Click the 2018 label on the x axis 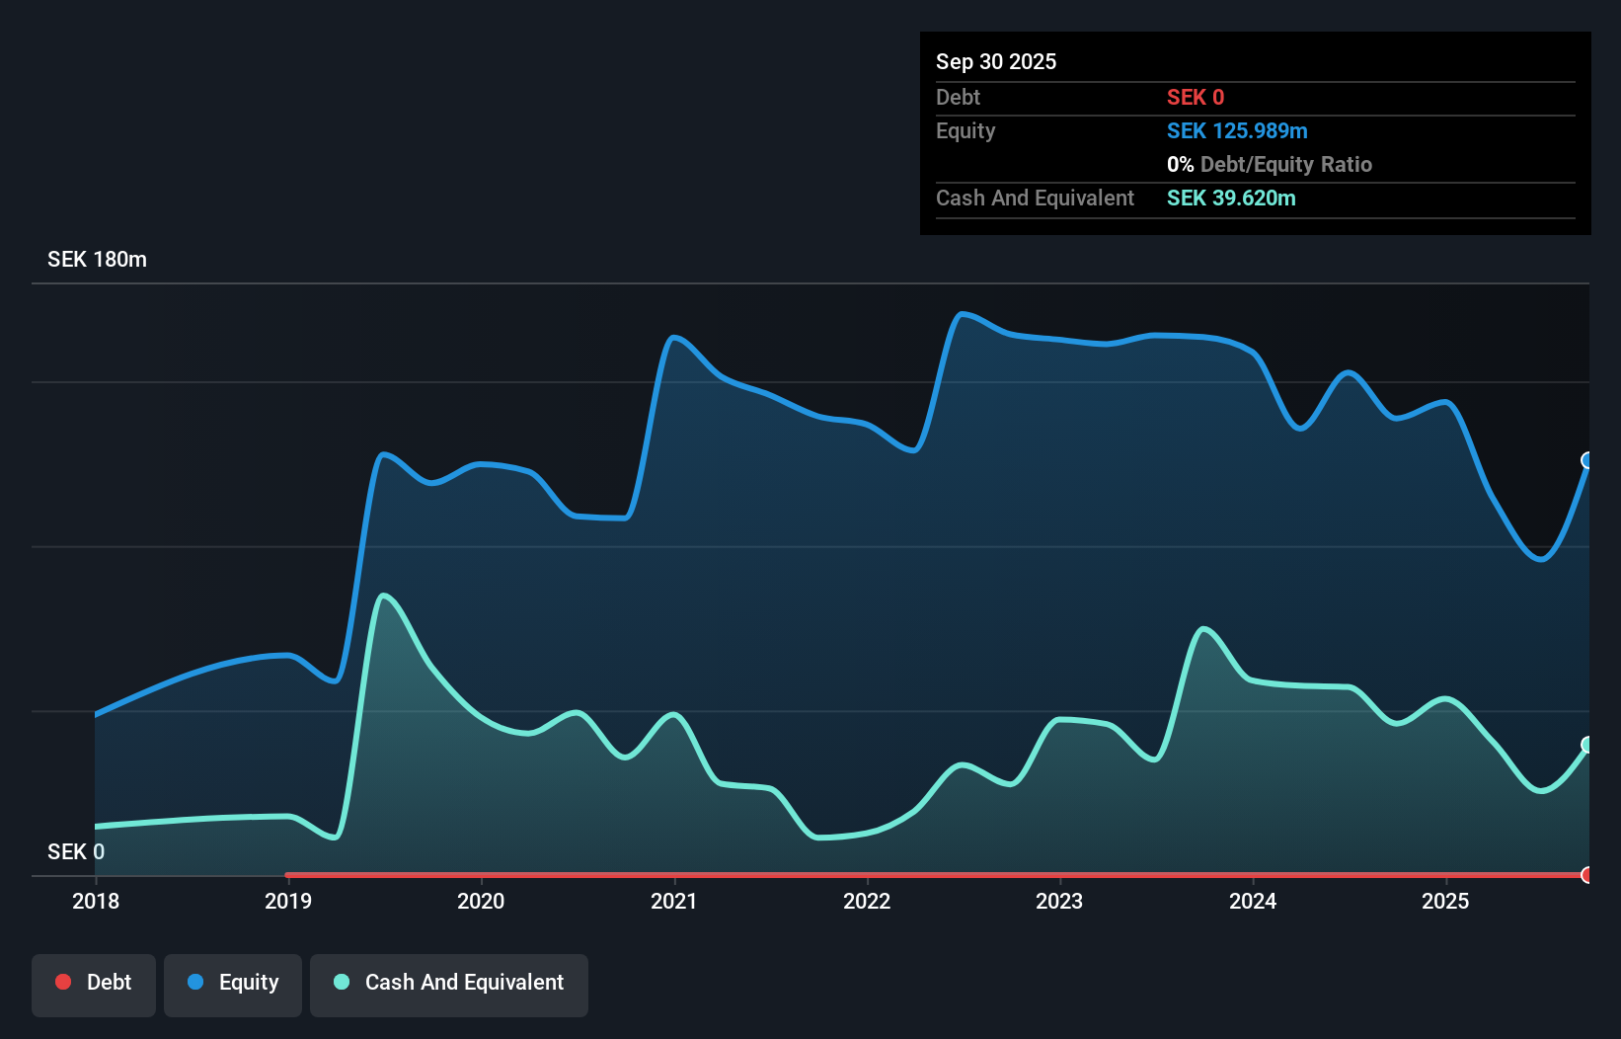(x=96, y=901)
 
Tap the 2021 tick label (x=674, y=901)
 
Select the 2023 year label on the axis (x=1059, y=901)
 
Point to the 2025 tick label (x=1445, y=901)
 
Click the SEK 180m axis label (x=97, y=260)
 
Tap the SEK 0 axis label (x=76, y=851)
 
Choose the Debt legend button (x=94, y=983)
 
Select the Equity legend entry (x=233, y=983)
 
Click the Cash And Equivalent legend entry (x=449, y=983)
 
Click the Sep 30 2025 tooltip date (x=995, y=61)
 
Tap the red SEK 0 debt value (x=1195, y=97)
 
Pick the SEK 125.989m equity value (x=1236, y=130)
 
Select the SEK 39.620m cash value (x=1230, y=198)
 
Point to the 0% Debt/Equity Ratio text (x=1269, y=164)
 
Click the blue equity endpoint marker (x=1587, y=460)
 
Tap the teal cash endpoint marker (x=1587, y=745)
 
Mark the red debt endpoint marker (x=1587, y=875)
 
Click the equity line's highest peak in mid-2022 (x=962, y=314)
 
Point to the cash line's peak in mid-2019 (x=383, y=596)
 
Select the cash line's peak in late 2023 (x=1202, y=628)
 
